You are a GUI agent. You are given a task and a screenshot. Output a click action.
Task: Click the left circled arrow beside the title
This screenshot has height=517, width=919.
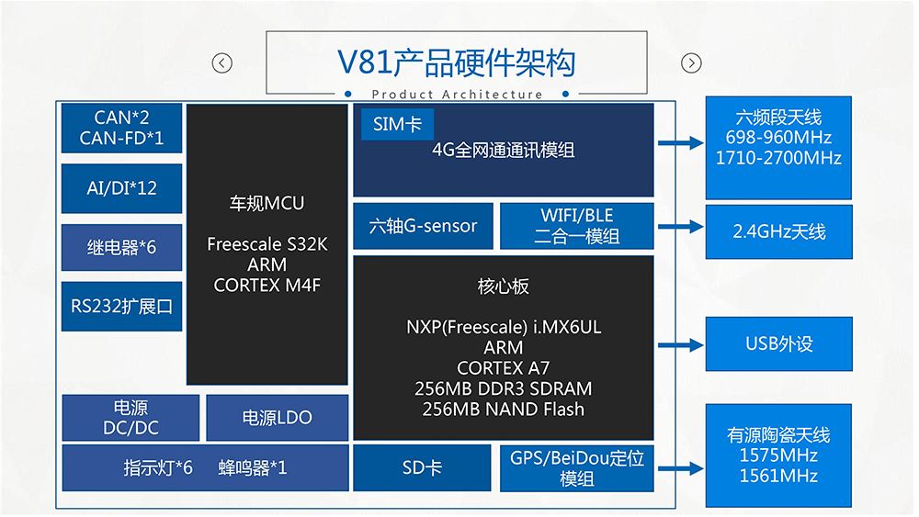[221, 63]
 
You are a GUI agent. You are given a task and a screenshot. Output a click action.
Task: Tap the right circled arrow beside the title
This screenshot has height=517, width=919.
[691, 63]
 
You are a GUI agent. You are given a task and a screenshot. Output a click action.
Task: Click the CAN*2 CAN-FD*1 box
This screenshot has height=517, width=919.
[121, 128]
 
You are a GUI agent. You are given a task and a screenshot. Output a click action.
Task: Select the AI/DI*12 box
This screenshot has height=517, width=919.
[121, 187]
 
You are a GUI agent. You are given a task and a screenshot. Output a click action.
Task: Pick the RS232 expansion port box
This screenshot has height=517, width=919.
[121, 305]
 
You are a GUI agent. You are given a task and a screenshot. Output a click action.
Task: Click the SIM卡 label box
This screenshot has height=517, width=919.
[397, 124]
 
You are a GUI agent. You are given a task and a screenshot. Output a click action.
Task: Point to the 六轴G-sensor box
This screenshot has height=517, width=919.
[423, 226]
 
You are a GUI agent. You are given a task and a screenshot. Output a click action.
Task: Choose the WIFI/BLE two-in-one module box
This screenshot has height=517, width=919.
[576, 226]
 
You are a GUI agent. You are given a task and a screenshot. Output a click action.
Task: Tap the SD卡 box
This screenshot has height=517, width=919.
[423, 468]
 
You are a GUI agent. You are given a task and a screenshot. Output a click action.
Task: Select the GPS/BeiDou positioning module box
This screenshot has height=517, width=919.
[576, 468]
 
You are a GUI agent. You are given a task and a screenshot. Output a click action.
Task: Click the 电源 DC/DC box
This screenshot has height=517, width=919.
[130, 418]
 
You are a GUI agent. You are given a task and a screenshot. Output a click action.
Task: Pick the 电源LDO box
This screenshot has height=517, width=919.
[277, 418]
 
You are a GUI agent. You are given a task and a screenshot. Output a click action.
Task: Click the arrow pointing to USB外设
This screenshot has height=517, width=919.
[681, 345]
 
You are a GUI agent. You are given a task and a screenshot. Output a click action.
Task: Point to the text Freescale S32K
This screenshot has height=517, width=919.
[267, 245]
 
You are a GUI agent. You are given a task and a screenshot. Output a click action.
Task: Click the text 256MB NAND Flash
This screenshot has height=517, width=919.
[503, 410]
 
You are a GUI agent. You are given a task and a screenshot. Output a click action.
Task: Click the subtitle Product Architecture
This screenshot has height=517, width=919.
[457, 95]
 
